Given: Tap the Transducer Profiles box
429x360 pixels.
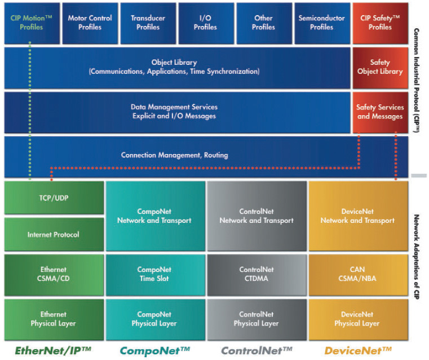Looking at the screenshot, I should coord(148,23).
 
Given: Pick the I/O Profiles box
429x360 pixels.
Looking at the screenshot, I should coord(205,23).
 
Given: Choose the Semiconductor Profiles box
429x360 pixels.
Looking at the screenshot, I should coord(321,23).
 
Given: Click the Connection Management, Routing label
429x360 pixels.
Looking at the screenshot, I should coord(175,155).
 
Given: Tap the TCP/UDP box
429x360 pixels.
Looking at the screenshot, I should coord(54,198).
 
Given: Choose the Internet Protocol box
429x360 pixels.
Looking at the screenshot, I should coord(54,234).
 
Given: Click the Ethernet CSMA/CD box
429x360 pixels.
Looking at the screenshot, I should coord(54,274).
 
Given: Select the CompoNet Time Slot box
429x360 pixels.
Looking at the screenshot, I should coord(154,274).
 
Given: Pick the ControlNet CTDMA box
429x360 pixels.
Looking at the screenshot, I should coord(256,274).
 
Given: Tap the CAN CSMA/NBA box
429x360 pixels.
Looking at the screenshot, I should coord(357,274).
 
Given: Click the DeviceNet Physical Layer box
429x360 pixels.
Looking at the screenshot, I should coord(357,319).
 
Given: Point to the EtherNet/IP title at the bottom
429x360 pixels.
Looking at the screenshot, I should coord(54,350).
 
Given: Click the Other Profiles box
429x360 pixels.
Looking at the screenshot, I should coord(263,23).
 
